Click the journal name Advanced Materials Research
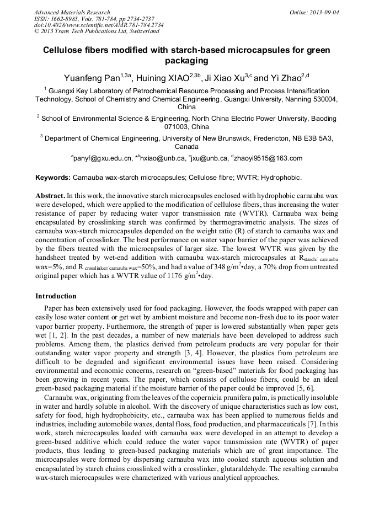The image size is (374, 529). point(72,12)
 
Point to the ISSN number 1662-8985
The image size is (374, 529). point(68,19)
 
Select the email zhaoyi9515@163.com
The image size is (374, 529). point(268,158)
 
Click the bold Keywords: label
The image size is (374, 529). point(53,178)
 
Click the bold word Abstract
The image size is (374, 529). point(50,195)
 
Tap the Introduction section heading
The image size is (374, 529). point(56,296)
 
